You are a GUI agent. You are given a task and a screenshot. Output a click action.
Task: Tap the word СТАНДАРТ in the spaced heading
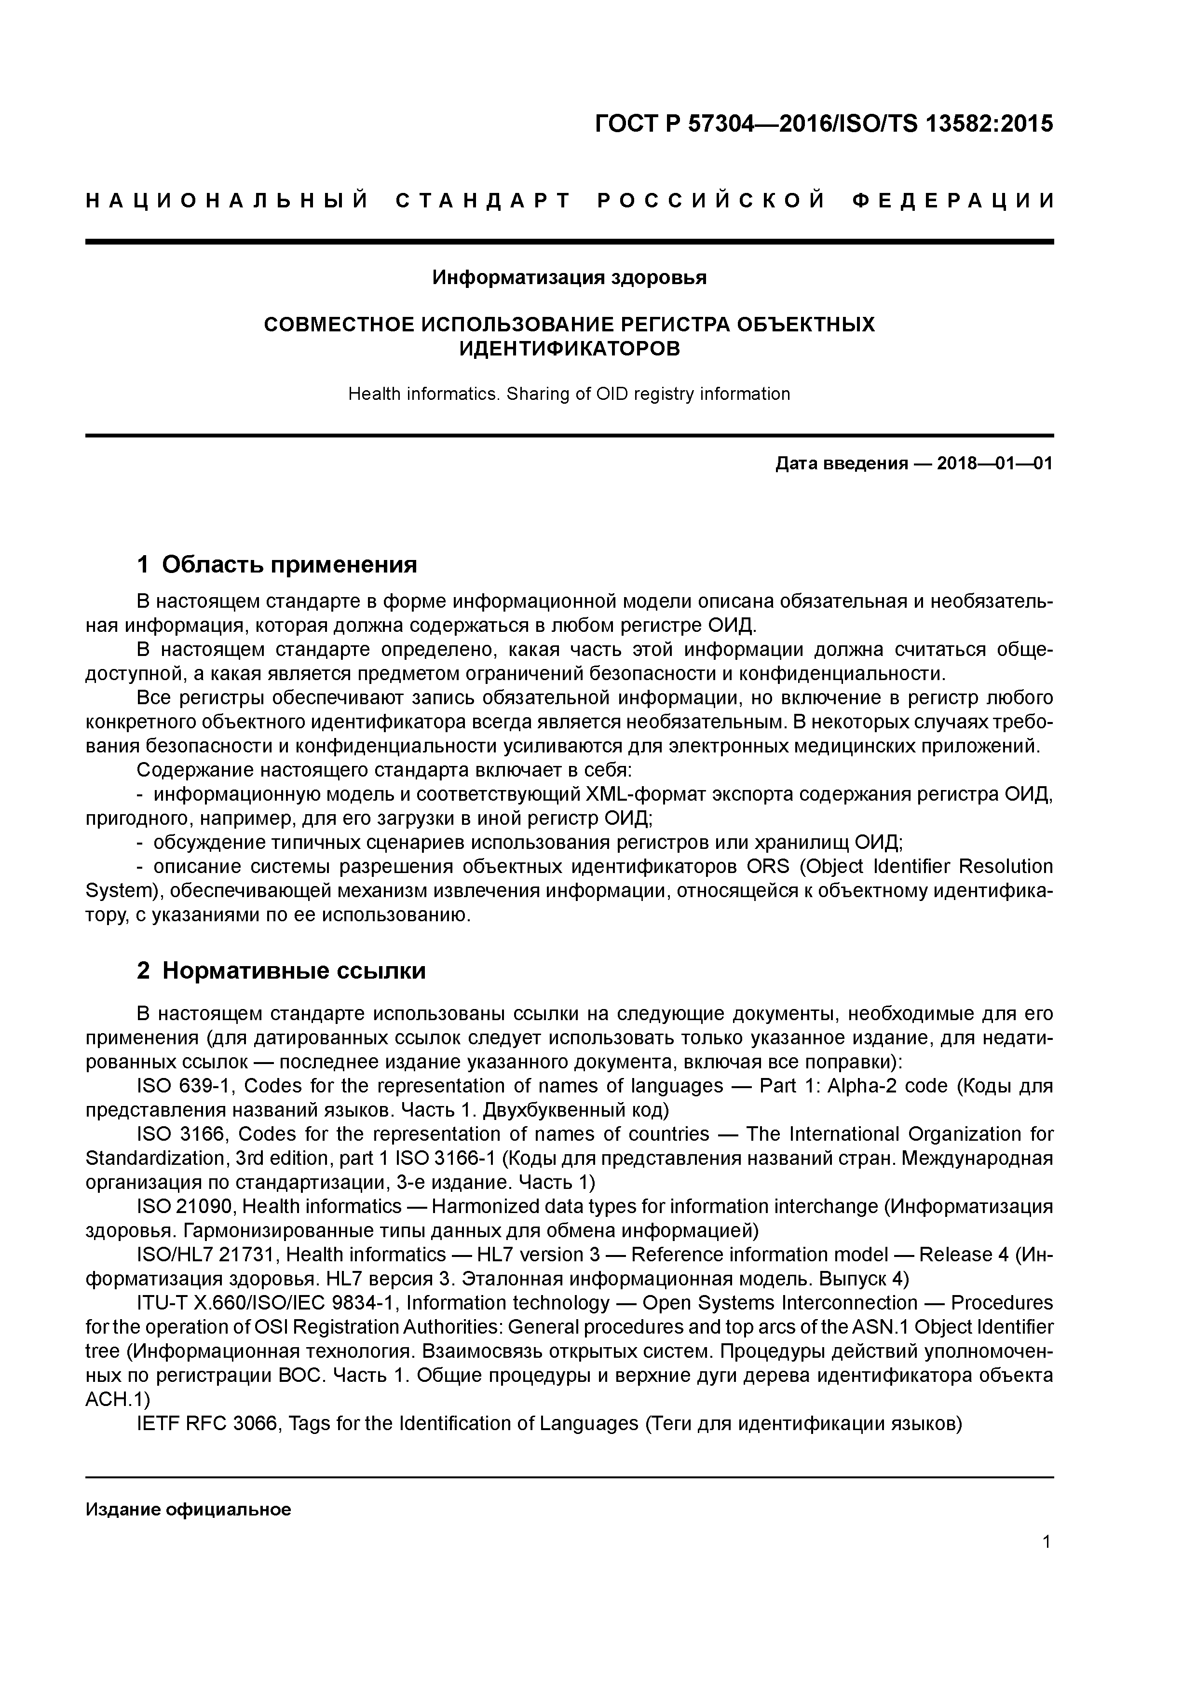point(483,201)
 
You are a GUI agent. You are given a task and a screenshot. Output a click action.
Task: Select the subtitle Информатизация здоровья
point(569,278)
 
